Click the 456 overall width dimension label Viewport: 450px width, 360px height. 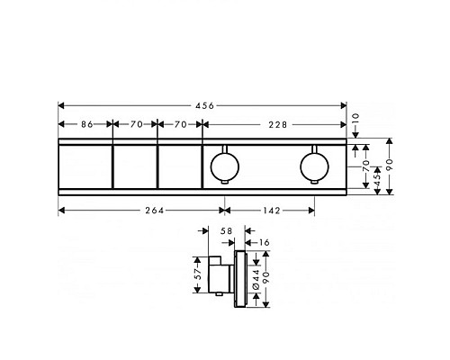pyautogui.click(x=205, y=105)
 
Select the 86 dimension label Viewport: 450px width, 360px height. pyautogui.click(x=85, y=124)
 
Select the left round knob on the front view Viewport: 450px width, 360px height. pyautogui.click(x=221, y=165)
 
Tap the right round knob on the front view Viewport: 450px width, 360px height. pyautogui.click(x=314, y=165)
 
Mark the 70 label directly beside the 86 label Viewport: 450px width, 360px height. pyautogui.click(x=134, y=124)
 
